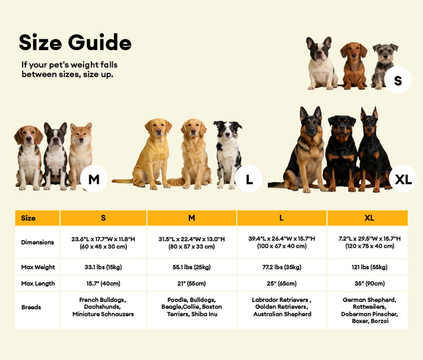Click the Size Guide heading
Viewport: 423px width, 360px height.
(75, 42)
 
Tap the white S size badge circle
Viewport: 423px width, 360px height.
(398, 81)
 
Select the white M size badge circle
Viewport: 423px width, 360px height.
(94, 179)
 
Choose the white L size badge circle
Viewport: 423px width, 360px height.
(249, 179)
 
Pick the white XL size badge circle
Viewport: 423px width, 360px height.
(403, 179)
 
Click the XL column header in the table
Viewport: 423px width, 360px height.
(369, 218)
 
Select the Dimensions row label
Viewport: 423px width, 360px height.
(38, 242)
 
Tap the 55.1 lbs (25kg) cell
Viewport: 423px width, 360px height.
(192, 266)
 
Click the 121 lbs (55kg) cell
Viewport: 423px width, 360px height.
(369, 266)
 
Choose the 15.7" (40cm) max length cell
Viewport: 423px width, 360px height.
(103, 283)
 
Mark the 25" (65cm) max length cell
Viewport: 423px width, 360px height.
(281, 283)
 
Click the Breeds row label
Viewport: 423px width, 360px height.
(30, 308)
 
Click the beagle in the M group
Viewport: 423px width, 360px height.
(29, 155)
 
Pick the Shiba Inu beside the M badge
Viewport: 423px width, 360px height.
(81, 152)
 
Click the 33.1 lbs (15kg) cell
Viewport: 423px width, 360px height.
(103, 266)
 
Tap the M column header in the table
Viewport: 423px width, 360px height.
(192, 218)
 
